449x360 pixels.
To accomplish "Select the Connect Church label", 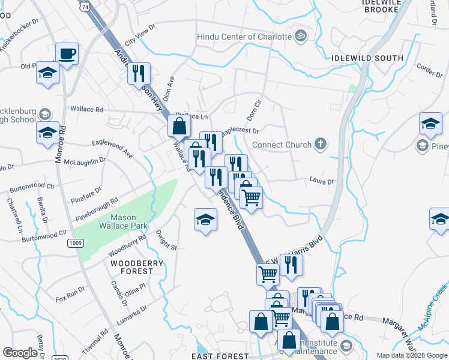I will tap(282, 145).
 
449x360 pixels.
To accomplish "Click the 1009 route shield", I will tap(75, 243).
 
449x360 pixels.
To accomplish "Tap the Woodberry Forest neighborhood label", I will tap(131, 267).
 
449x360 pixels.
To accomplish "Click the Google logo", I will tap(20, 353).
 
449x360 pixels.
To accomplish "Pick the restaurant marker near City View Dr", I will tap(139, 74).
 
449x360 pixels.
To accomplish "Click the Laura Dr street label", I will tap(321, 180).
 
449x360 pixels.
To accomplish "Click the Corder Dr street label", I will tap(429, 70).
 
